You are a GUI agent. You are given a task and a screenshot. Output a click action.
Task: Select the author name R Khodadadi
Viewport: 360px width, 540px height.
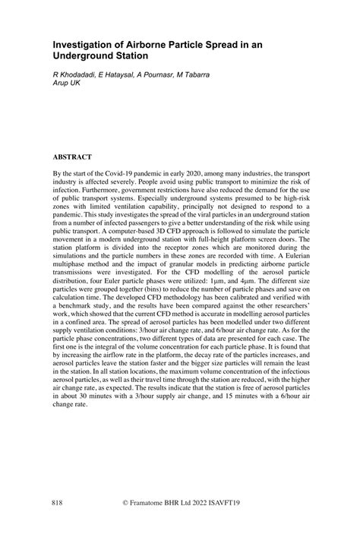click(74, 76)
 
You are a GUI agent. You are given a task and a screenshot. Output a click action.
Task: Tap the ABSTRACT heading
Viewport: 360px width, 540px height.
click(72, 156)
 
